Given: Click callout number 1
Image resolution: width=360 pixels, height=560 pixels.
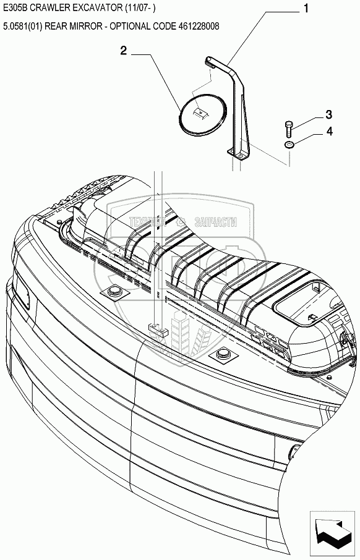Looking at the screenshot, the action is coord(306,9).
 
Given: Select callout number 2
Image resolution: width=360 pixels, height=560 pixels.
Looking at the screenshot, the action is coord(123,51).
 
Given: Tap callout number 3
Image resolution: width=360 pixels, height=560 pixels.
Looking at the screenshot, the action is coord(328,114).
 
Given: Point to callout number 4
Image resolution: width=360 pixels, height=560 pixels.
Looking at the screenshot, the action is coord(329,132).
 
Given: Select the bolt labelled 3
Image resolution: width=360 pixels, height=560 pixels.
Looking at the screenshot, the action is coord(288,129).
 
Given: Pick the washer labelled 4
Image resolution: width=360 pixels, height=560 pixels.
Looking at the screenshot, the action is coord(289,145).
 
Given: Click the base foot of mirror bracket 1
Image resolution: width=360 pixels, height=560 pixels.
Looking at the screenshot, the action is coord(238,154).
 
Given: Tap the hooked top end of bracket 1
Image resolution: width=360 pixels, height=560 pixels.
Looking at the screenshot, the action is coord(210,62).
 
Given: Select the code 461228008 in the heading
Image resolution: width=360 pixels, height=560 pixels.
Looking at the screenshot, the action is coord(198,26).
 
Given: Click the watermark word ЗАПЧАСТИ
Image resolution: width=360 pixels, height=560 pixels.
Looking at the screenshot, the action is coord(216,222).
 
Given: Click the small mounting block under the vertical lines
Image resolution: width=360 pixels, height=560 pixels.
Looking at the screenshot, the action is coord(158,329).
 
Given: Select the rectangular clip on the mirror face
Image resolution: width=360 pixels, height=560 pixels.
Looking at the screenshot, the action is coord(199,113).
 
